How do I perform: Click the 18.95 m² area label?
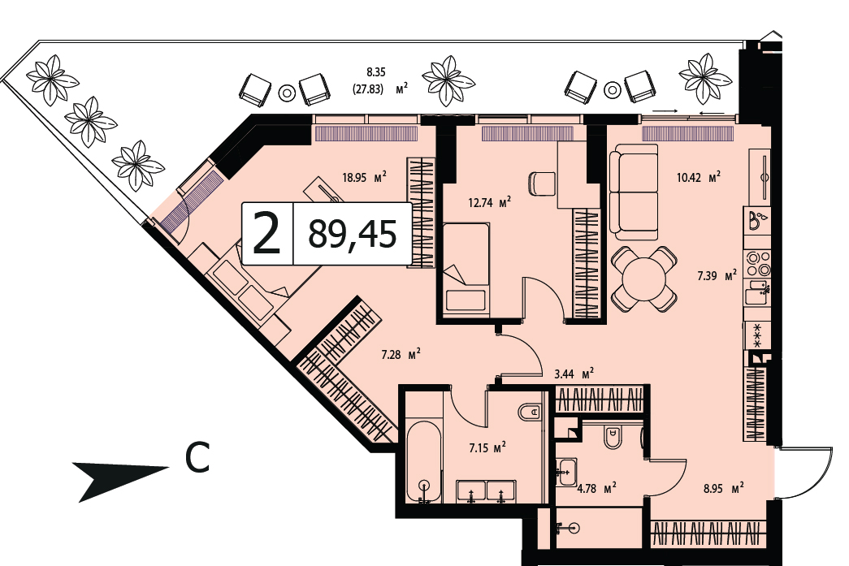pos(364,177)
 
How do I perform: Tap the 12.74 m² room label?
pos(489,203)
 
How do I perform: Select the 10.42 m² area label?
pos(699,177)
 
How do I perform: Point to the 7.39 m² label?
pos(717,276)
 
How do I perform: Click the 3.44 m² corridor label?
pos(574,374)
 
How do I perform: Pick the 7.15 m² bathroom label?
pos(487,447)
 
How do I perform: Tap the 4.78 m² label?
pos(596,489)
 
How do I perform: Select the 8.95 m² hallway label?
pos(723,489)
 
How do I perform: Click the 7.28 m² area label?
pos(401,355)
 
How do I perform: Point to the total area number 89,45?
pos(353,235)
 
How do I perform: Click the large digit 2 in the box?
pos(267,233)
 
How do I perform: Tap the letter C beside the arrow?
pos(197,458)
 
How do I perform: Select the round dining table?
pos(643,279)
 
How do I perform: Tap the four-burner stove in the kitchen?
pos(757,264)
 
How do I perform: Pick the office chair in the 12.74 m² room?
pos(541,184)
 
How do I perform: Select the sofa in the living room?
pos(634,192)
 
